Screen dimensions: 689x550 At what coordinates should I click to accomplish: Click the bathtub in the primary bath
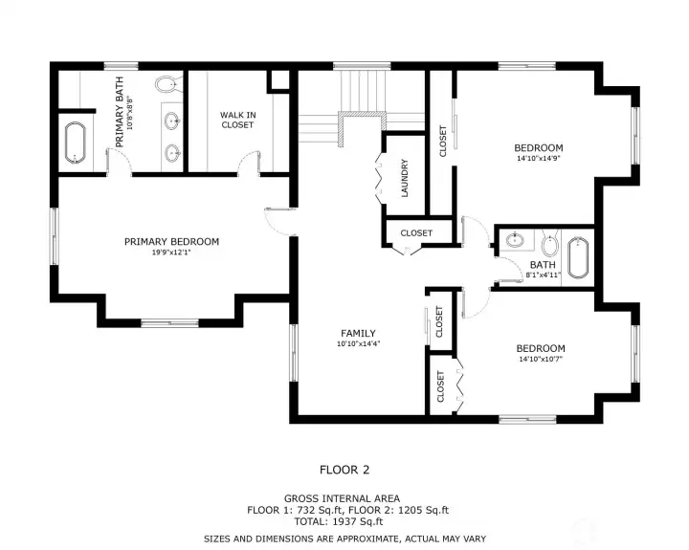76,143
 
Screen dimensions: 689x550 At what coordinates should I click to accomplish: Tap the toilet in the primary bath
168,84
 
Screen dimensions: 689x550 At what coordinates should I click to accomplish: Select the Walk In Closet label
237,120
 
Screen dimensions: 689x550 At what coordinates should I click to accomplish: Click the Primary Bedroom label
171,242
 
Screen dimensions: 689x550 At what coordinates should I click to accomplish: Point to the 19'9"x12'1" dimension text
171,253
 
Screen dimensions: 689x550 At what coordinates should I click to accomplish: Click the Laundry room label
405,178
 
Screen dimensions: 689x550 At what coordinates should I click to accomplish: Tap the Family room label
358,334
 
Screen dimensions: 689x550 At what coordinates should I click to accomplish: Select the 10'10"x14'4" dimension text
358,344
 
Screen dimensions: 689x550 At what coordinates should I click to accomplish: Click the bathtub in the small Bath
578,258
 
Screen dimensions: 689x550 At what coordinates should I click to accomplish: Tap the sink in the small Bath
514,240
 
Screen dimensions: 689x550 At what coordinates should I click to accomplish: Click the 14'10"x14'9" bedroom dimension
538,158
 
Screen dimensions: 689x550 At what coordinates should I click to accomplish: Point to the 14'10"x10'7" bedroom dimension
541,359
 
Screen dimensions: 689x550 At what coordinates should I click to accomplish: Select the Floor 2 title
344,470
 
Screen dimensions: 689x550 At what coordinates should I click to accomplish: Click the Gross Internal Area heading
342,498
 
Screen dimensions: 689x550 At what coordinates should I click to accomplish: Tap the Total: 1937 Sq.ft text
339,522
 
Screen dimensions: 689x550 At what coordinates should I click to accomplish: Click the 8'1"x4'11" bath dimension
544,275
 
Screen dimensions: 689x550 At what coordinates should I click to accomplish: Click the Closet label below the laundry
416,232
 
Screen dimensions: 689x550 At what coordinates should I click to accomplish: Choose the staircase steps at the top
363,91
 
